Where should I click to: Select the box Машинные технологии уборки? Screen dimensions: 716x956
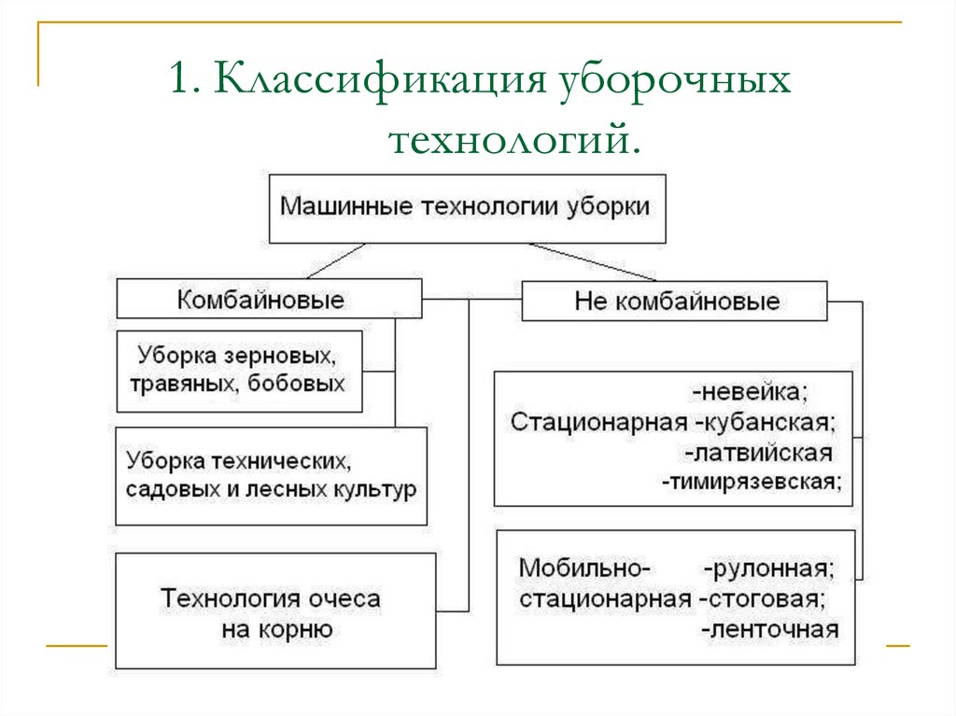click(466, 207)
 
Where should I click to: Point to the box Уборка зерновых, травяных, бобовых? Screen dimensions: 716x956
click(240, 370)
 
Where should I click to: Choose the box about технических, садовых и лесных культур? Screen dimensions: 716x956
click(271, 476)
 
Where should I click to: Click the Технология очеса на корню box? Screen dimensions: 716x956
click(275, 612)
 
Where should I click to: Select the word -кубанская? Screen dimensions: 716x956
click(766, 421)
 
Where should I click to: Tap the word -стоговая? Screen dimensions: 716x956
click(766, 598)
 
